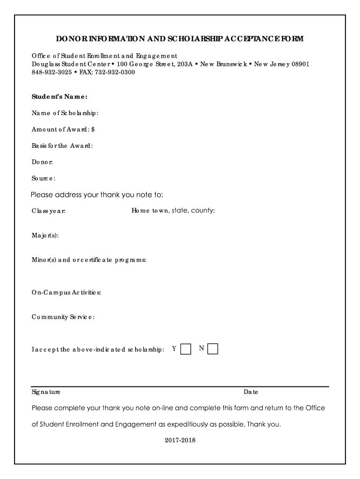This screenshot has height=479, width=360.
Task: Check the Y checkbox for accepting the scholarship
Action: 186,349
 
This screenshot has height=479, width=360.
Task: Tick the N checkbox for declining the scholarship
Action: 213,349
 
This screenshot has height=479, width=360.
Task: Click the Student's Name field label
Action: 59,97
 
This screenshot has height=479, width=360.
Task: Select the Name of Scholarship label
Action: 65,113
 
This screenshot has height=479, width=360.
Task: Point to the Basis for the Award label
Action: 62,145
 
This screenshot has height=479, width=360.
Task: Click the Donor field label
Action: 42,162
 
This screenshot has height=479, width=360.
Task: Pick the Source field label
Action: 43,178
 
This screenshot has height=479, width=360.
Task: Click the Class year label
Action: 48,211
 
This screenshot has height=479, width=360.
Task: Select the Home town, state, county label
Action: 173,210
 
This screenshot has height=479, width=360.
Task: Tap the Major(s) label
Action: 45,235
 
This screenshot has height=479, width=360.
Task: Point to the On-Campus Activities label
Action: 66,292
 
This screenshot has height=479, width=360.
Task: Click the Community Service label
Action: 63,317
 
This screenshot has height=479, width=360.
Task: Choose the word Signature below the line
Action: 46,392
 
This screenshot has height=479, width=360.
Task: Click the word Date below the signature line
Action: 251,392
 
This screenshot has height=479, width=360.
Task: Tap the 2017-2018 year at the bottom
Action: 180,440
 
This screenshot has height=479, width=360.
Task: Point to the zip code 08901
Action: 300,64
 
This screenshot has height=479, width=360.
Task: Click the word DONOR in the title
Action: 72,39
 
